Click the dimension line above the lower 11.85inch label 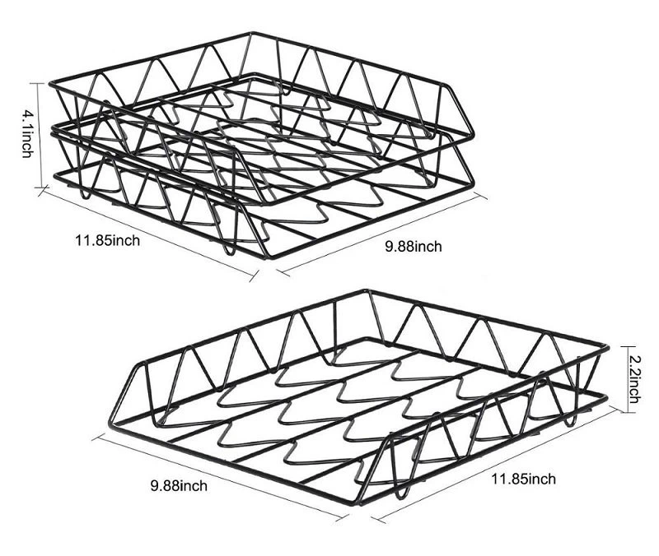point(494,464)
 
